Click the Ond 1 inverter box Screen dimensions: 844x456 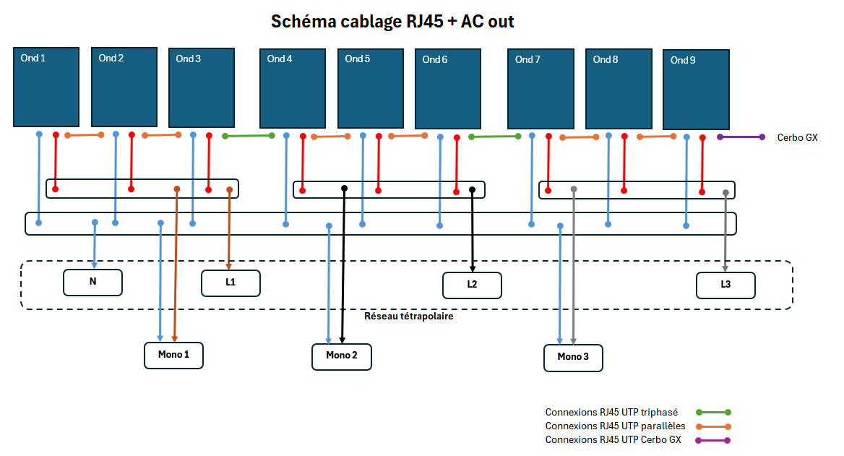click(46, 87)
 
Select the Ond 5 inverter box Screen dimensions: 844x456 click(370, 88)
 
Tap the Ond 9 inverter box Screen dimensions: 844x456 click(696, 90)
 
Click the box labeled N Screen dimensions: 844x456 click(92, 283)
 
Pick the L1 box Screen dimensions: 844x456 click(231, 283)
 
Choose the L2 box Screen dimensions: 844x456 click(472, 285)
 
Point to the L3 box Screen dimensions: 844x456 click(725, 285)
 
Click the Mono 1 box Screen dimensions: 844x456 click(174, 356)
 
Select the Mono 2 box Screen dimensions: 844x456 click(342, 357)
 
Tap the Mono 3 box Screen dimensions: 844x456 click(573, 358)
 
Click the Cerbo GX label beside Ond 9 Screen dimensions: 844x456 click(797, 138)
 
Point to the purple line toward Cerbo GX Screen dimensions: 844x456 click(741, 137)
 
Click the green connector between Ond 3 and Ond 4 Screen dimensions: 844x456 click(249, 136)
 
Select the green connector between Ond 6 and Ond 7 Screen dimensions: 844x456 click(495, 137)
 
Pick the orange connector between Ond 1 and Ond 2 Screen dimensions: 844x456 click(84, 135)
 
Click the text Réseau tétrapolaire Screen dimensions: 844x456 click(408, 316)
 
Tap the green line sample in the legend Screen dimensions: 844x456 click(713, 413)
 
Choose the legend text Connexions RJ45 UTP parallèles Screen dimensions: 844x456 click(615, 426)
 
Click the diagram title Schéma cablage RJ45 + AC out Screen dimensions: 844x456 click(392, 22)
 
